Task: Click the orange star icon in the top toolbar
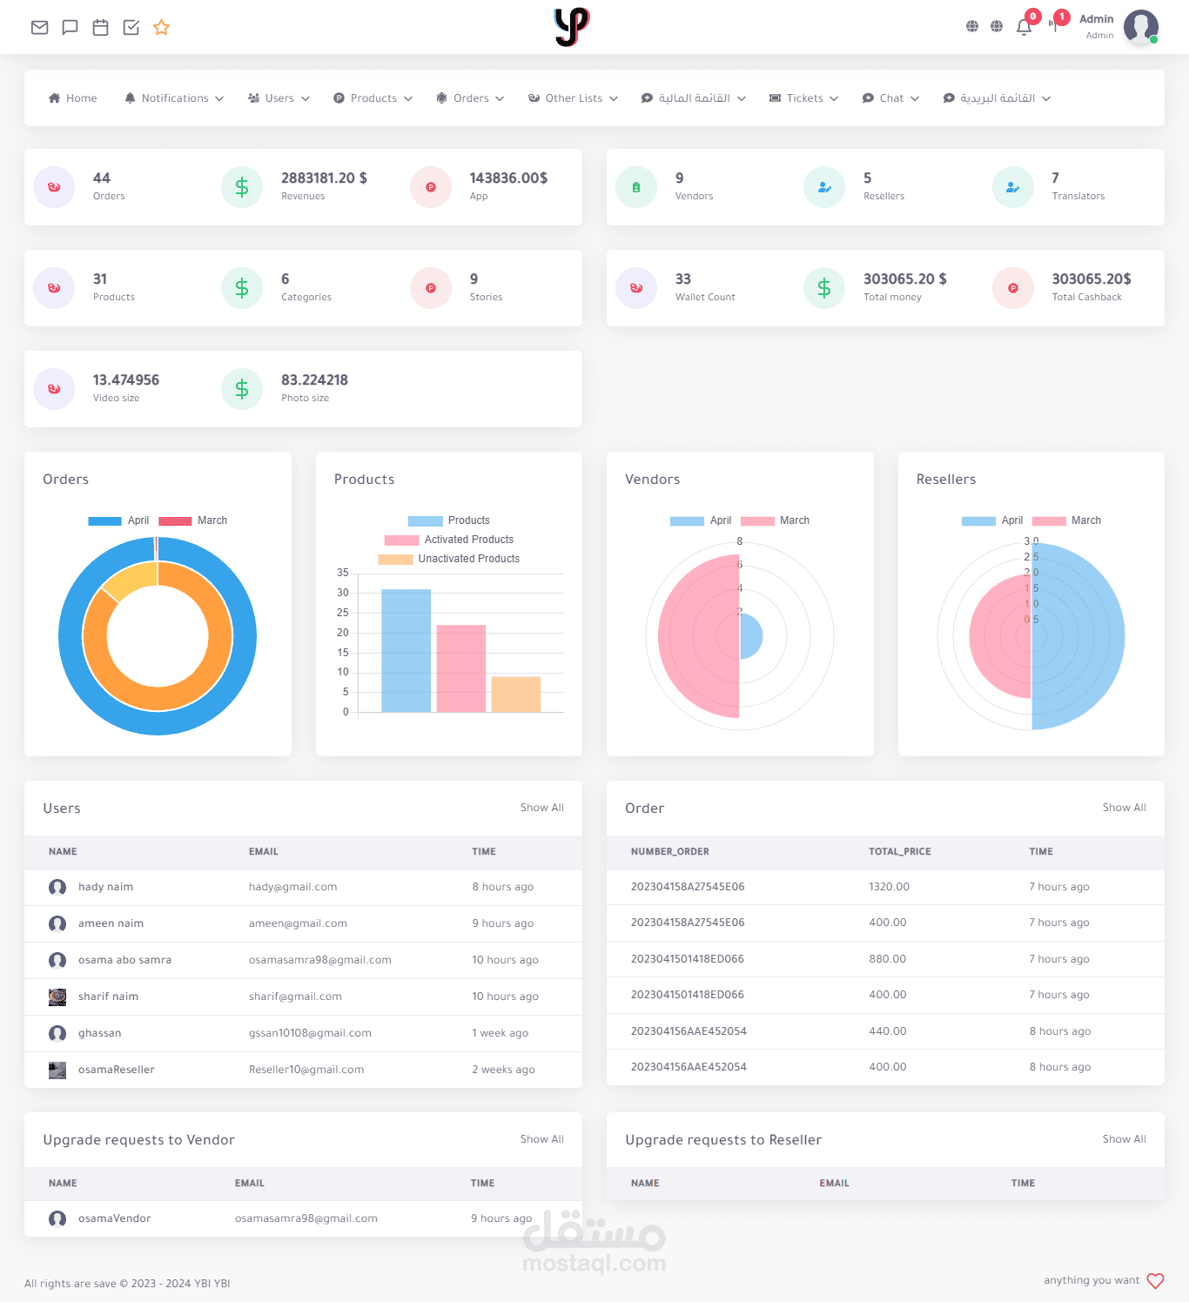tap(161, 27)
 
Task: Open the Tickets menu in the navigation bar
tap(803, 98)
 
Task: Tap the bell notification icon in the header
tap(1024, 27)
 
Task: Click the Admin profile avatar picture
tap(1141, 27)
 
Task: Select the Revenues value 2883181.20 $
tap(324, 178)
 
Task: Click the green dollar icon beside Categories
tap(242, 287)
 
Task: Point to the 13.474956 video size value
tap(126, 379)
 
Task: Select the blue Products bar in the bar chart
tap(406, 650)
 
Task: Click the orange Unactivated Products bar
tap(515, 694)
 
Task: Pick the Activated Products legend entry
tap(449, 540)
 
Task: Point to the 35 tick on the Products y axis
tap(342, 573)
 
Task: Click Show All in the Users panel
tap(541, 808)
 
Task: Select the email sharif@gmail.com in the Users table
tap(295, 997)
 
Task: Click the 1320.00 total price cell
tap(889, 887)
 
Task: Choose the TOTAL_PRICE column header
tap(899, 851)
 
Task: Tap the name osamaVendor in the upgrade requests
tap(114, 1218)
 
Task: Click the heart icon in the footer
tap(1155, 1280)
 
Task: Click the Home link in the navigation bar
tap(73, 98)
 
